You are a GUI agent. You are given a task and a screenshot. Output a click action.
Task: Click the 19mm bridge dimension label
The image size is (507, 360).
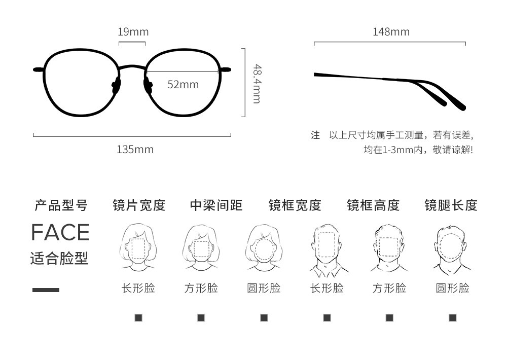point(133,32)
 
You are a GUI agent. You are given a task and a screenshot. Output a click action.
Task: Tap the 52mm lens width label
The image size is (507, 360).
point(183,84)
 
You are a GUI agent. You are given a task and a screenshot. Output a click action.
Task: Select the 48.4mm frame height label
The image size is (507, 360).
point(257,84)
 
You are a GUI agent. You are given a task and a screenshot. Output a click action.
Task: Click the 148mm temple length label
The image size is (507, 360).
point(391,32)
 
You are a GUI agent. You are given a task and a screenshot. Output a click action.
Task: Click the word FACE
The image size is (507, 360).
point(60,232)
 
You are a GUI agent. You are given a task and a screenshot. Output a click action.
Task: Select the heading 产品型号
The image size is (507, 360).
point(61,205)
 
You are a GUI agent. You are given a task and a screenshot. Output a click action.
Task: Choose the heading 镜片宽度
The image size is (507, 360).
point(139,205)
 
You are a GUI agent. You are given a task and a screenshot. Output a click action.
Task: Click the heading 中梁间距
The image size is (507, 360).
point(216,205)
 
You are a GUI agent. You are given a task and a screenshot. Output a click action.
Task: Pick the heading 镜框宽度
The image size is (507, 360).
point(295,205)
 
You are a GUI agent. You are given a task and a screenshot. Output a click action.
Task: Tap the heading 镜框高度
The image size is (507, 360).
point(373,205)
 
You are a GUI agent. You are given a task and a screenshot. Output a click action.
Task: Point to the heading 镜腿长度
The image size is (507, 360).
point(451,205)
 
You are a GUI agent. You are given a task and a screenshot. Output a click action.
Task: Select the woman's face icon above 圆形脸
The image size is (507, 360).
point(264,247)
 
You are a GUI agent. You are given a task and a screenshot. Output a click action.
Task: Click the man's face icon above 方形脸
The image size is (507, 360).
point(389,247)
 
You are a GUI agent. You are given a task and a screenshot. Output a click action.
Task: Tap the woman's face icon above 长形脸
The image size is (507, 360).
point(138,247)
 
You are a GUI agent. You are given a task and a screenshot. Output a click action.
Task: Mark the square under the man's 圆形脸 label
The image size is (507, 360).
point(452,318)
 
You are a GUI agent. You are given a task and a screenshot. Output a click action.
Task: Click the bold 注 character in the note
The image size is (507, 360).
point(315,135)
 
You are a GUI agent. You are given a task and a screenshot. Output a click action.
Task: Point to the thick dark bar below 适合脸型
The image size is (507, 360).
point(46,290)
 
